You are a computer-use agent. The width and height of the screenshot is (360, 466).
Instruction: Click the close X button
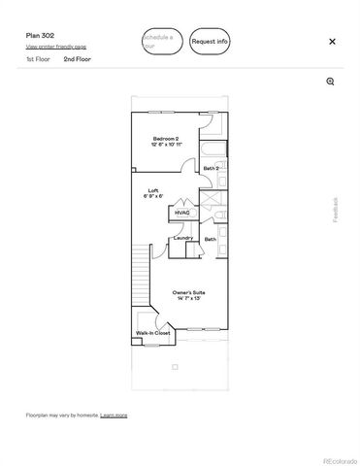(x=332, y=42)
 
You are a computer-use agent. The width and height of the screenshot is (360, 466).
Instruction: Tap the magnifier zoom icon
(x=331, y=82)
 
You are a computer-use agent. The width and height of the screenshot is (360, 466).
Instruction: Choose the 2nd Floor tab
(x=77, y=59)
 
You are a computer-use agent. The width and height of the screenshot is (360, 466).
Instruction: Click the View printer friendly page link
(x=55, y=47)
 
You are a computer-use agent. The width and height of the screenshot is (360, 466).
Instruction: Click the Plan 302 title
(x=40, y=34)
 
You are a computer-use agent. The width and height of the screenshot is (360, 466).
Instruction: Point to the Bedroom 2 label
(x=167, y=138)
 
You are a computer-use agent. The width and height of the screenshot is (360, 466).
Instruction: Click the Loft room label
(x=153, y=190)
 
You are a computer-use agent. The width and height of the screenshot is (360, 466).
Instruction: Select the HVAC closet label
(x=182, y=212)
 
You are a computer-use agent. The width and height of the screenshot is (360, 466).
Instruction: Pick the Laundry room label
(x=183, y=238)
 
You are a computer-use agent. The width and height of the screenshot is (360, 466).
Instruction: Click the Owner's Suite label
(x=187, y=291)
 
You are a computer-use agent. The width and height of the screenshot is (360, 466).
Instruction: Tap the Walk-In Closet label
(x=153, y=333)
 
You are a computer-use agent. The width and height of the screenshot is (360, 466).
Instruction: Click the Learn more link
(x=114, y=415)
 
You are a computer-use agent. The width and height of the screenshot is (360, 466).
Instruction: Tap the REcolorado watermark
(x=339, y=459)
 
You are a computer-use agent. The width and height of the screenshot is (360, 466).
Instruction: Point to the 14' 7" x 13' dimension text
(x=187, y=298)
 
